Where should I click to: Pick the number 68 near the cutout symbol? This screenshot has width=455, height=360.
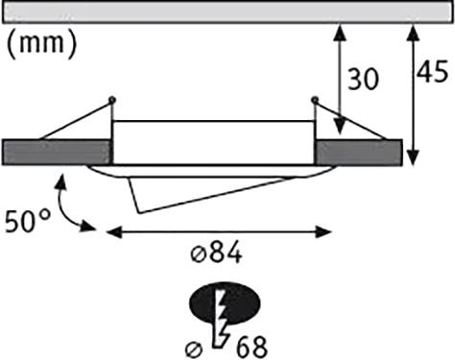tap(248, 344)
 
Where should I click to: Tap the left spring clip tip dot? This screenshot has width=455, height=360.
tap(113, 100)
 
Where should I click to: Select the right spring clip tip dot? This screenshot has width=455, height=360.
tap(315, 100)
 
